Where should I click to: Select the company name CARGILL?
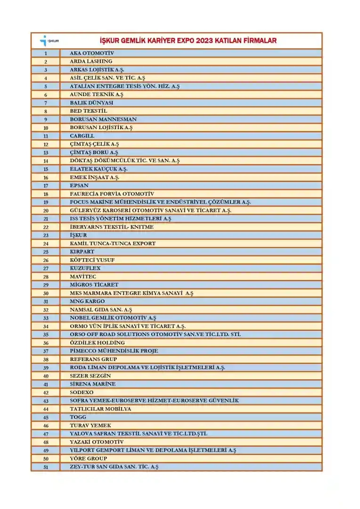pyautogui.click(x=82, y=136)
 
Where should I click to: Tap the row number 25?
pyautogui.click(x=46, y=252)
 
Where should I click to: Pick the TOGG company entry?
pyautogui.click(x=78, y=417)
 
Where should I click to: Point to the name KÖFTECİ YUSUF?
pyautogui.click(x=92, y=260)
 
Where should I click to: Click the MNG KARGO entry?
pyautogui.click(x=87, y=301)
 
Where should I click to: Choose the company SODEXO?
pyautogui.click(x=82, y=392)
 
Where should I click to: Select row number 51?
pyautogui.click(x=46, y=467)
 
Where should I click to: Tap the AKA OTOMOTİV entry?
pyautogui.click(x=92, y=53)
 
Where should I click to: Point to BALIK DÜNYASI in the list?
pyautogui.click(x=91, y=103)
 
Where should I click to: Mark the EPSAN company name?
pyautogui.click(x=79, y=185)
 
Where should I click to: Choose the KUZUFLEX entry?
pyautogui.click(x=85, y=268)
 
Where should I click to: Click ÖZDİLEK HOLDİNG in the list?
pyautogui.click(x=98, y=343)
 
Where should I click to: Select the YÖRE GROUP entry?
pyautogui.click(x=89, y=459)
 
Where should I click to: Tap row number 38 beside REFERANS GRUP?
pyautogui.click(x=46, y=359)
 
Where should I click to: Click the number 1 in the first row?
pyautogui.click(x=46, y=53)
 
